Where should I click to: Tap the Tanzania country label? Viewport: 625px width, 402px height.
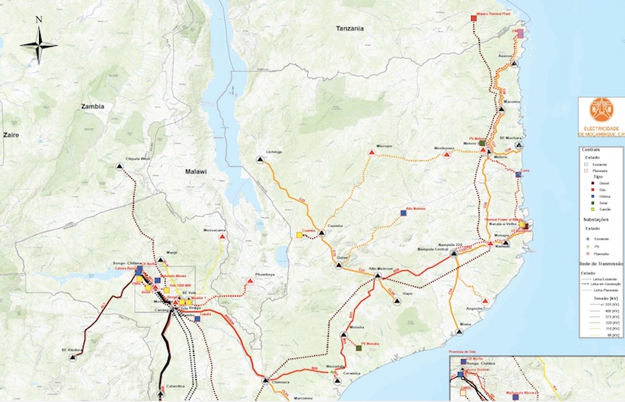[x=350, y=28]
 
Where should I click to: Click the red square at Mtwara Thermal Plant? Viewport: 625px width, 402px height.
[x=473, y=17]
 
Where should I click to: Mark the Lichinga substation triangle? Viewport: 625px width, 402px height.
[x=260, y=159]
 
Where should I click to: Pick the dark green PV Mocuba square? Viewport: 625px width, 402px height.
[x=359, y=348]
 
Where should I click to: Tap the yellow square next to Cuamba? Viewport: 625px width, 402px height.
[x=299, y=234]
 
